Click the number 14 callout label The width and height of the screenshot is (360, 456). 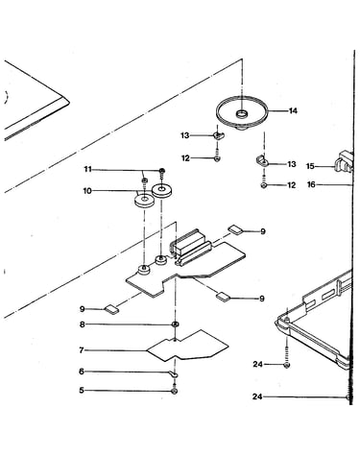293,110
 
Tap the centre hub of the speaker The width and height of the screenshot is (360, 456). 242,113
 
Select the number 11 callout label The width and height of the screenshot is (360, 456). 88,169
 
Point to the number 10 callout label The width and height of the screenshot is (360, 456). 87,191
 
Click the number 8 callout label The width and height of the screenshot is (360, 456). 83,324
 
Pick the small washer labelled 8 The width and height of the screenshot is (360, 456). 176,324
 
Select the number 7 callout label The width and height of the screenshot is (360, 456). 82,350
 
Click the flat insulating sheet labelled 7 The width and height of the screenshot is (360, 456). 188,347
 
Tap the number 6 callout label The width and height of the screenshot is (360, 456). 82,372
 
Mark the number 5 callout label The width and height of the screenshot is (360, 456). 82,391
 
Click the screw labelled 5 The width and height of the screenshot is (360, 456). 175,391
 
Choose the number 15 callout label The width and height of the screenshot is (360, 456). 310,166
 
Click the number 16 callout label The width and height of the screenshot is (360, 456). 311,184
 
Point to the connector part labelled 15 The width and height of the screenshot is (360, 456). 343,162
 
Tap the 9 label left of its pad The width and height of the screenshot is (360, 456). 83,309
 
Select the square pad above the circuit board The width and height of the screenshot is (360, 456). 235,229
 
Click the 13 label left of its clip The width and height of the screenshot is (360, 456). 185,135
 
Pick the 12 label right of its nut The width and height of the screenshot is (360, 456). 292,185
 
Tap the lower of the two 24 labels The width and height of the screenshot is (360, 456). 257,396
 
